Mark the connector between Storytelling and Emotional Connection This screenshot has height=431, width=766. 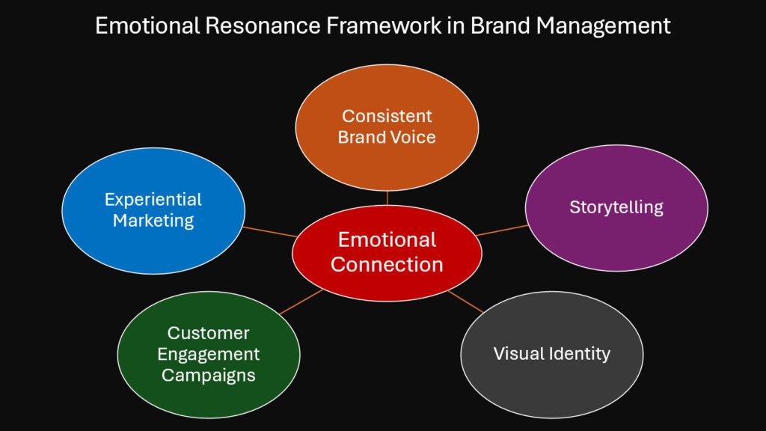[x=502, y=230]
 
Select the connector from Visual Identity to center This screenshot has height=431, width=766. [x=466, y=301]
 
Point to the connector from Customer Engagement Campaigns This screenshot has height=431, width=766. [x=301, y=302]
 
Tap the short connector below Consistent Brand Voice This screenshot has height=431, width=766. [x=387, y=198]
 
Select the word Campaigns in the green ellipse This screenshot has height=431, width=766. [x=209, y=376]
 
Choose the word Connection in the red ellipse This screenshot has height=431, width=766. [x=387, y=264]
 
